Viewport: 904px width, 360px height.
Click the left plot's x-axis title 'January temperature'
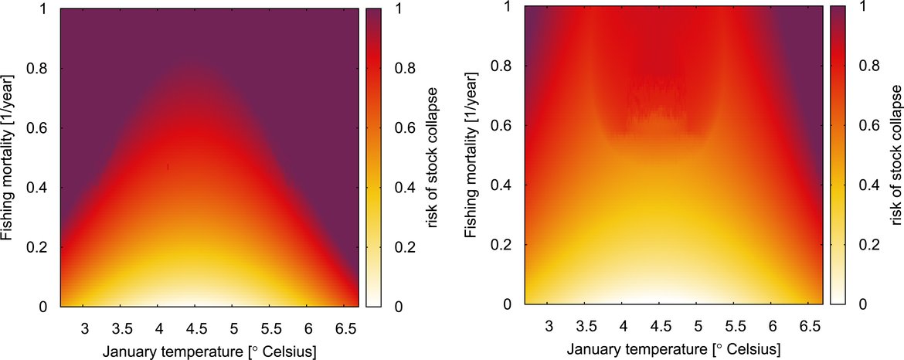pyautogui.click(x=209, y=352)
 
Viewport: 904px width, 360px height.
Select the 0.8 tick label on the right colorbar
pyautogui.click(x=864, y=66)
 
